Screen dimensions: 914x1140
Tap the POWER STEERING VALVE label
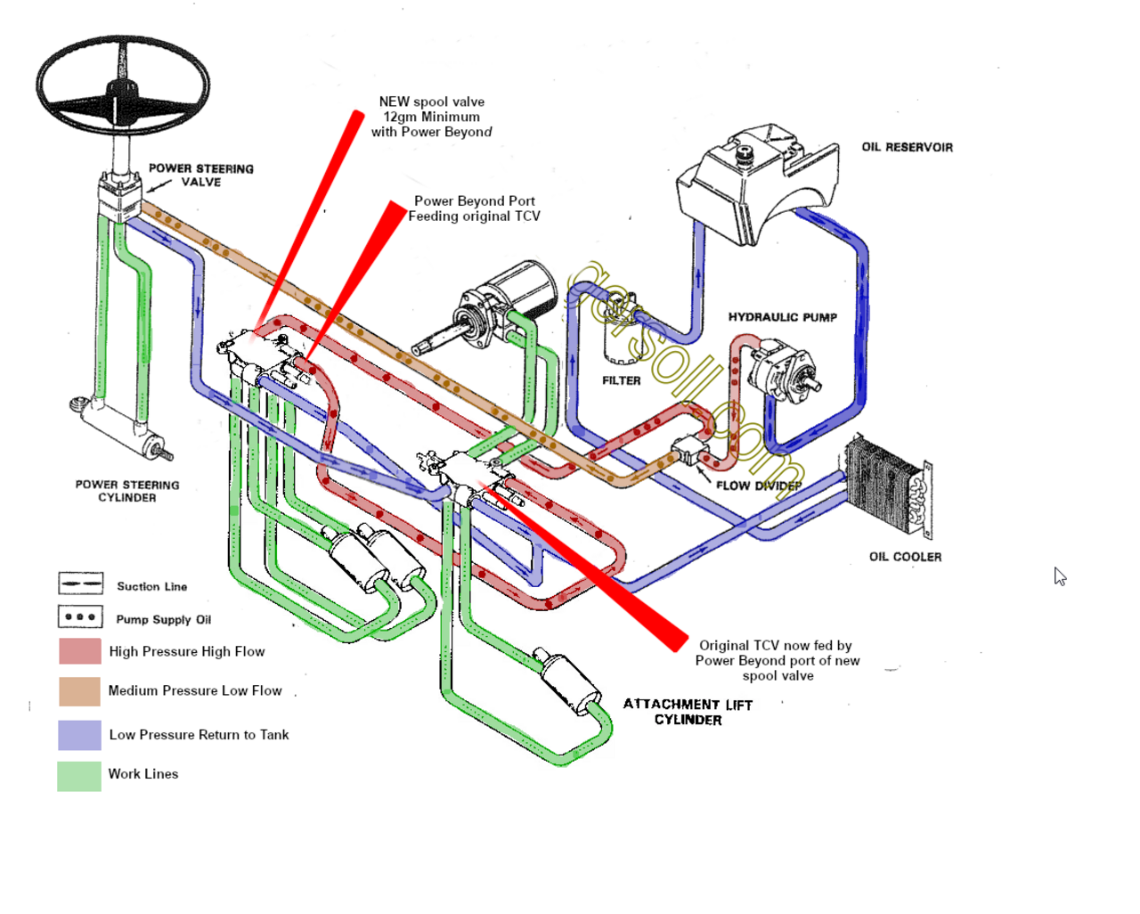pos(200,175)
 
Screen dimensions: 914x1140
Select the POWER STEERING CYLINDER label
pos(127,491)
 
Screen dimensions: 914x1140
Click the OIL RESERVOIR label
pos(907,147)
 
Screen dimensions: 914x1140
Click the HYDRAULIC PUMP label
pos(782,317)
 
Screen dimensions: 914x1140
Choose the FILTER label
pos(621,380)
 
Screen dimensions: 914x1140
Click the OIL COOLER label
pos(905,557)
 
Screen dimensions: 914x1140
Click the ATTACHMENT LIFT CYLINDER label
pos(688,712)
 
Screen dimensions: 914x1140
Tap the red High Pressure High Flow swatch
pos(80,651)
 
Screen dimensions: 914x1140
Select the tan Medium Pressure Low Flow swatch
pos(79,691)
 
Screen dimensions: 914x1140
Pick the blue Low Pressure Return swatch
pos(79,735)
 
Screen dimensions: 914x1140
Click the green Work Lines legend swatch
pos(79,775)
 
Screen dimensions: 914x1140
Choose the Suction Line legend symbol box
pos(81,583)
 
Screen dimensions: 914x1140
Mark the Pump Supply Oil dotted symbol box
pos(81,616)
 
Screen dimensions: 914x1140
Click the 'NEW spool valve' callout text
pos(431,117)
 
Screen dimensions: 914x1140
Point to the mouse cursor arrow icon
pos(1059,576)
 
